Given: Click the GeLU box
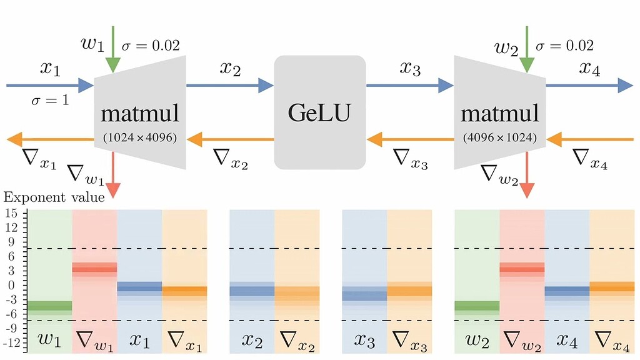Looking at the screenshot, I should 319,112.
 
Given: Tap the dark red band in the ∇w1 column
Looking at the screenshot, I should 94,270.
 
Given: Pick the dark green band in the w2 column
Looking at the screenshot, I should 477,306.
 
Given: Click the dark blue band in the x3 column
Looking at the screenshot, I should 364,296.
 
